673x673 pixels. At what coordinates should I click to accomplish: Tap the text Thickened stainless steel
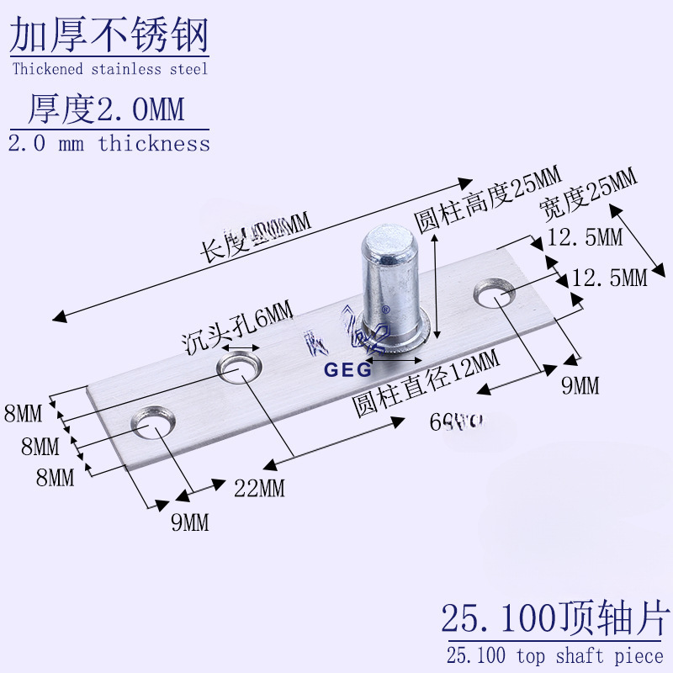(x=109, y=69)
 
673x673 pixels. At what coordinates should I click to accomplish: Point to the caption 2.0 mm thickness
(x=109, y=143)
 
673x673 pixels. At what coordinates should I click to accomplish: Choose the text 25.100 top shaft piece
(x=555, y=655)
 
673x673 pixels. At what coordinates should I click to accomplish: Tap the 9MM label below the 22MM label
(x=189, y=522)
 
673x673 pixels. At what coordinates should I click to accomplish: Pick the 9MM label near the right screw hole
(x=580, y=385)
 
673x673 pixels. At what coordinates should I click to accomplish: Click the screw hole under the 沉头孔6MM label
(x=240, y=367)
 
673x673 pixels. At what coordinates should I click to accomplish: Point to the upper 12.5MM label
(x=585, y=238)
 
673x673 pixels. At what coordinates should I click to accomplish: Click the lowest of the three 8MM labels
(x=56, y=478)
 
